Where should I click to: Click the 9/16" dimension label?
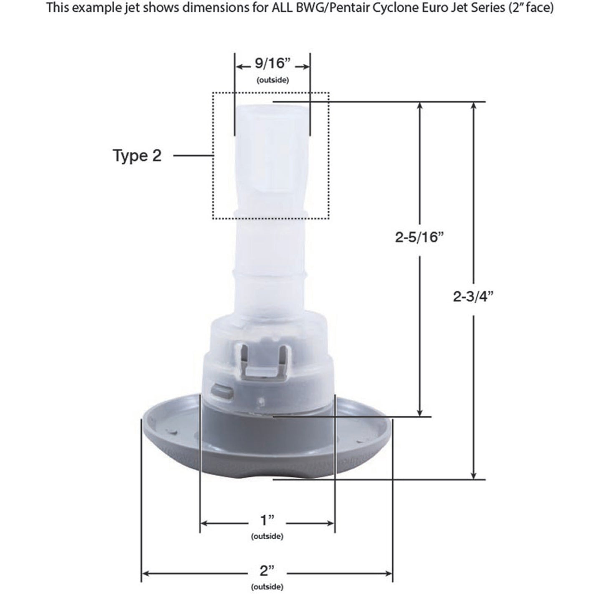coord(272,64)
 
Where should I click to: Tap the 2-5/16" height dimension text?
coord(419,237)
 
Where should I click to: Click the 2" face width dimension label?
coord(267,571)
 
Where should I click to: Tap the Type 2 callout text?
coord(137,156)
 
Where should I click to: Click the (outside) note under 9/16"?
coord(272,80)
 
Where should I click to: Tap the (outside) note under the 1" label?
coord(267,536)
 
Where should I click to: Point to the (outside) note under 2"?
coord(267,587)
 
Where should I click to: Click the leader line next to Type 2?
coord(193,156)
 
